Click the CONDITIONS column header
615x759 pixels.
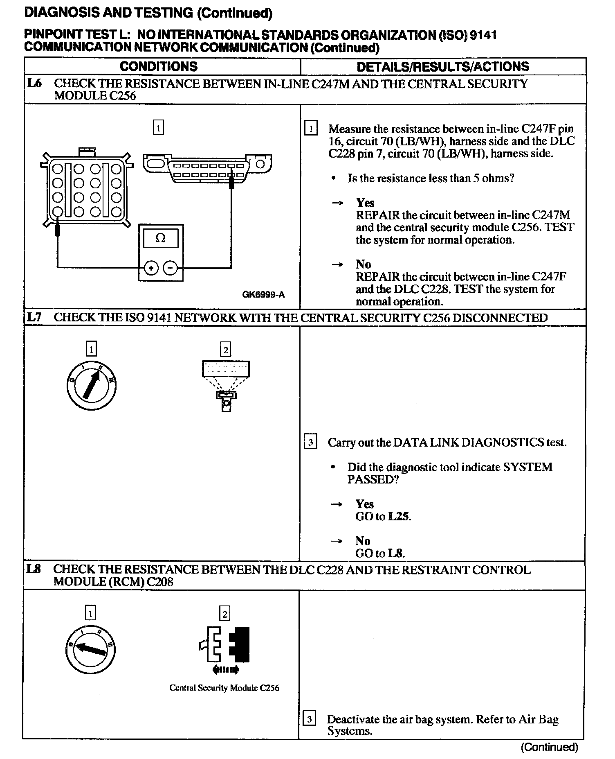[158, 66]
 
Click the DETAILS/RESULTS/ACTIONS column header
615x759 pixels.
[442, 66]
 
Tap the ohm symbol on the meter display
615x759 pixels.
[160, 238]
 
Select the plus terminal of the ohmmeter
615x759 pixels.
[151, 268]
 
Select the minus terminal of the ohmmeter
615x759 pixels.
[171, 268]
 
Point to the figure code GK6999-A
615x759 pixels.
[263, 294]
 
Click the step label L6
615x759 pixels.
[34, 84]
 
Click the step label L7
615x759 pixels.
[34, 317]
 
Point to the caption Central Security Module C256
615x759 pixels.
[224, 688]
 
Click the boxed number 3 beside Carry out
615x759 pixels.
[310, 442]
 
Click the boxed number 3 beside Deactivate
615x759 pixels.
[309, 719]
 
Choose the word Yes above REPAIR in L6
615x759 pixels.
[365, 203]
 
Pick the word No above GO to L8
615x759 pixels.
[363, 541]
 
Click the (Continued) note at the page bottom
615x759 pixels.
[549, 747]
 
